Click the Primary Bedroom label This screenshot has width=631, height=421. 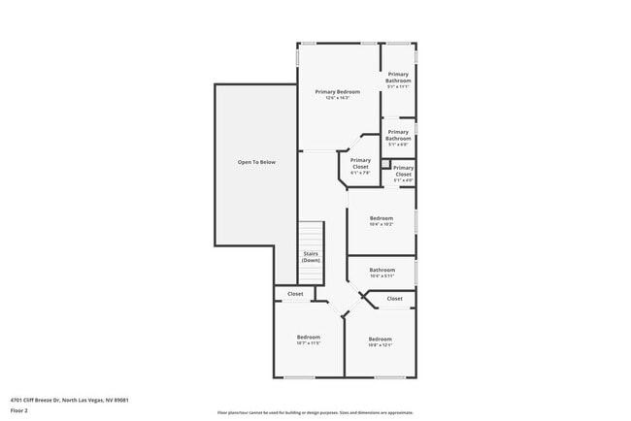tap(337, 92)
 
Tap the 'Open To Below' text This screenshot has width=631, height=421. tap(256, 162)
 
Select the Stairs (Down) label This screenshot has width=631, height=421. tap(311, 258)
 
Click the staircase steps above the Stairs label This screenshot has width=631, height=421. tap(311, 236)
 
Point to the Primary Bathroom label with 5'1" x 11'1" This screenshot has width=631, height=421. tap(398, 78)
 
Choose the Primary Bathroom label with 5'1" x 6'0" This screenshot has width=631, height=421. tap(398, 136)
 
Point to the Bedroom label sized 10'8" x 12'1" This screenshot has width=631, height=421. tap(380, 340)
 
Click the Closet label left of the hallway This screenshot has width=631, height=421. tap(295, 294)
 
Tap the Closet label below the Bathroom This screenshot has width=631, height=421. tap(394, 299)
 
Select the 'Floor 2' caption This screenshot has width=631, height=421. tap(19, 410)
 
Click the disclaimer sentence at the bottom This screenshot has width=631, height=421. tap(315, 412)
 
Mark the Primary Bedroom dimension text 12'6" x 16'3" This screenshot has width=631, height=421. tap(337, 98)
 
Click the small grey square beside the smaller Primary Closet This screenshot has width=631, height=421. tap(413, 165)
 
